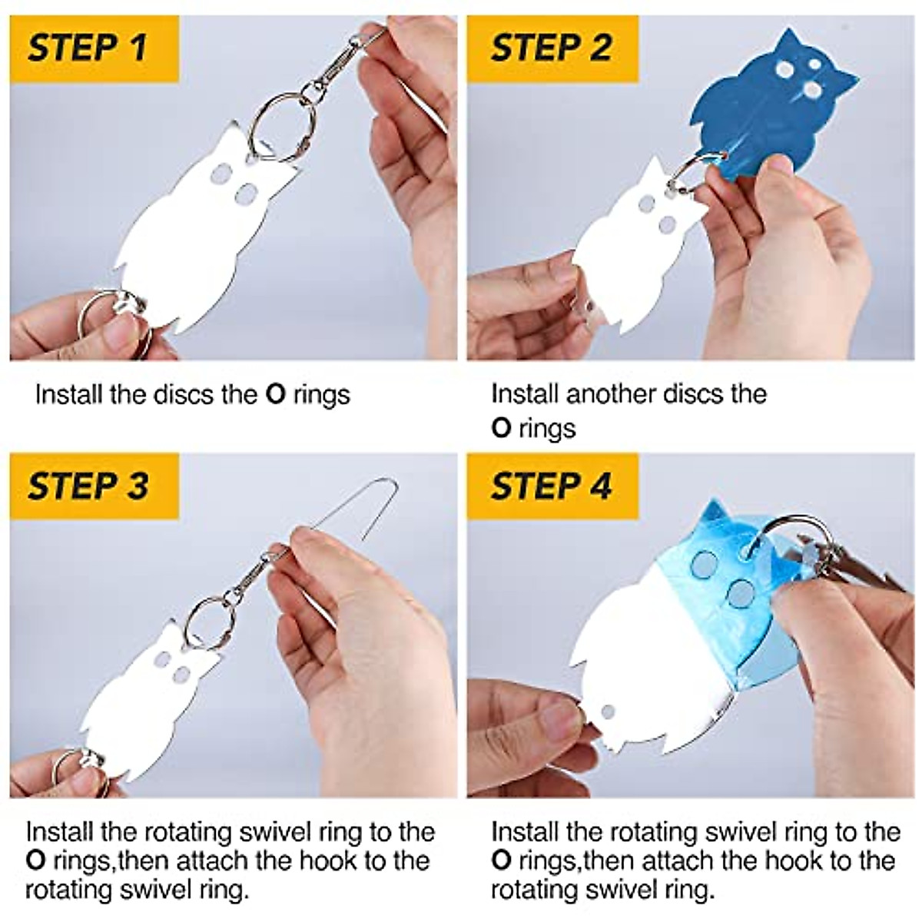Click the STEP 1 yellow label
pos(88,48)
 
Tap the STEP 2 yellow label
pos(551,48)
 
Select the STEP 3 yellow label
pos(88,486)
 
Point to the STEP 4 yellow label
pos(551,486)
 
